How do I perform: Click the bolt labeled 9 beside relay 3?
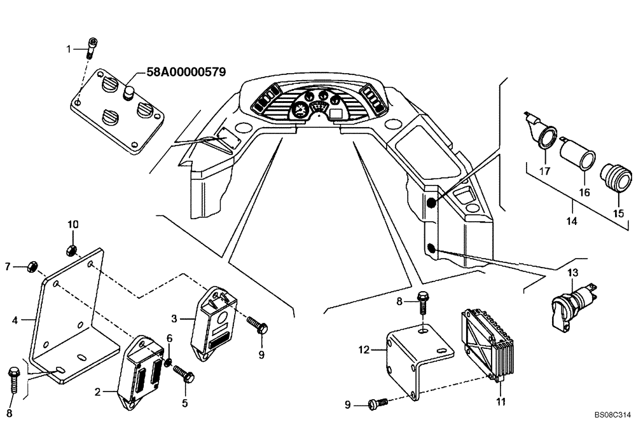pyautogui.click(x=259, y=326)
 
